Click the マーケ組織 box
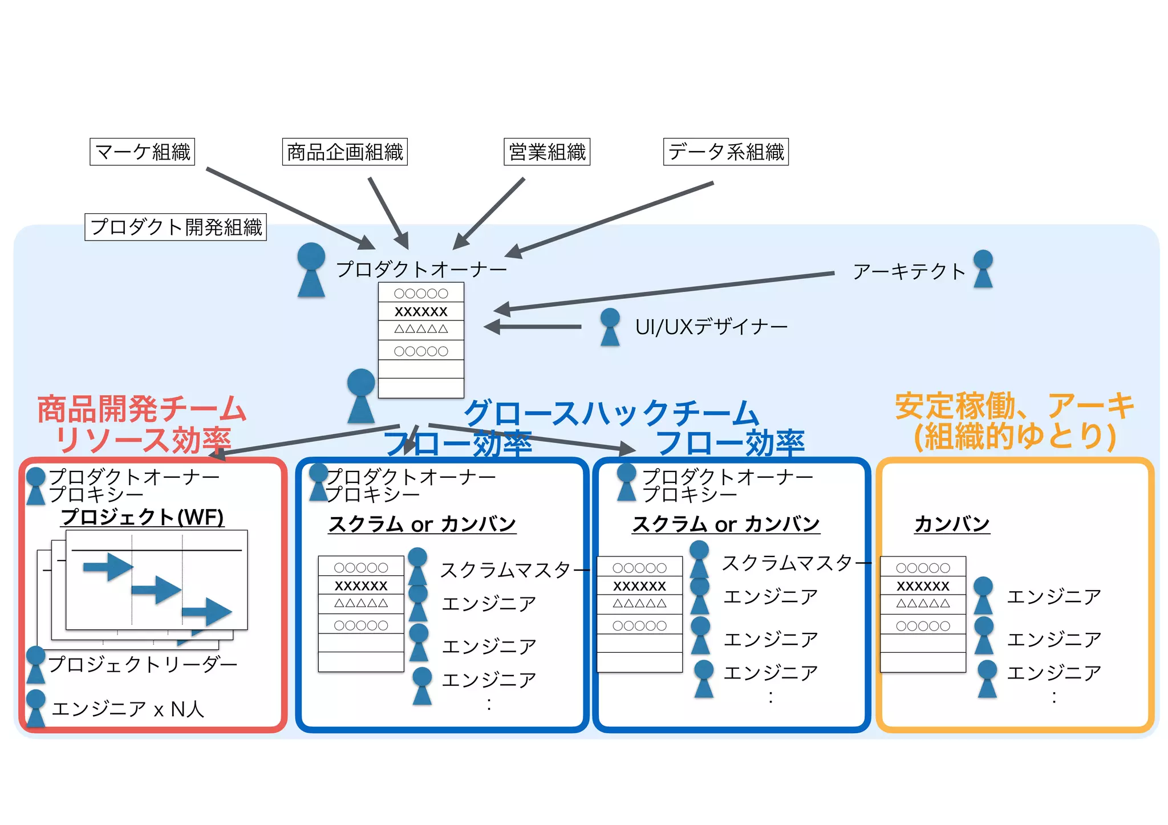coord(142,152)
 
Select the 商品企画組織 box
coord(344,152)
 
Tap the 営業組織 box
coord(546,152)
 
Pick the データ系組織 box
coord(725,152)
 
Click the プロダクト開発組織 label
coord(176,227)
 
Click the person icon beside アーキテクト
coord(983,269)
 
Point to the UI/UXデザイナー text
coord(711,327)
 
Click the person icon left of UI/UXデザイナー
coord(610,327)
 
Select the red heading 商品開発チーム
coord(141,409)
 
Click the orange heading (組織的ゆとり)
coord(1015,437)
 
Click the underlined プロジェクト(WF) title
coord(142,517)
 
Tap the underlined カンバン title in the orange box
coord(951,523)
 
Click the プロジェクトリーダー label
coord(143,664)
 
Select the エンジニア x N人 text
coord(128,709)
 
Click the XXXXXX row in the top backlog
coord(421,311)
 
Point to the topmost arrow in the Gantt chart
coord(108,567)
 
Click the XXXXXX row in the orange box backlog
coord(923,586)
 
